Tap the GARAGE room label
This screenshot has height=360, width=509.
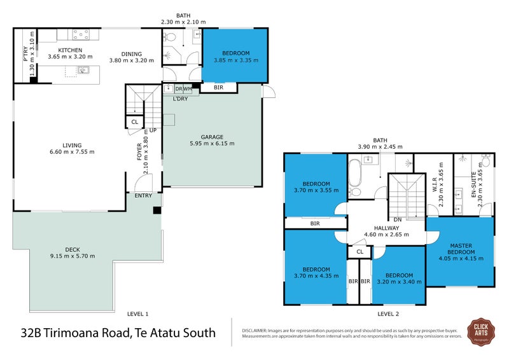(211, 136)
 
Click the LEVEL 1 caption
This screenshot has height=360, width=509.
(137, 314)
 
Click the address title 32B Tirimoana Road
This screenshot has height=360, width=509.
(118, 332)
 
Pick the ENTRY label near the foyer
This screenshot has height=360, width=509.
(143, 195)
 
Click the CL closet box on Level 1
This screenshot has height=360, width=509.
(134, 122)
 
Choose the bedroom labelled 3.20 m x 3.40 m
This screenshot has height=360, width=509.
(398, 281)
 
